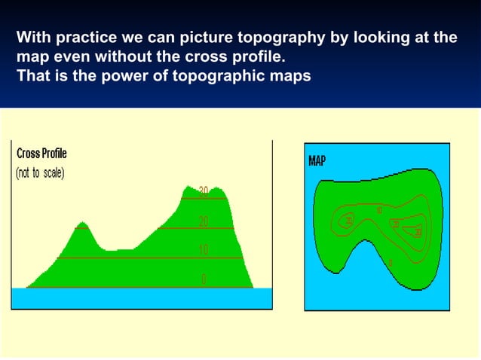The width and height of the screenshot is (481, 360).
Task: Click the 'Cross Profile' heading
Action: click(41, 154)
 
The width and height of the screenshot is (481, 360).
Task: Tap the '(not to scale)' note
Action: click(41, 173)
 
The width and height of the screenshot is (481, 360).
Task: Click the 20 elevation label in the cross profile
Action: click(204, 221)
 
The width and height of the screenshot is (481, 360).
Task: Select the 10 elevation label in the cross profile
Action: click(204, 250)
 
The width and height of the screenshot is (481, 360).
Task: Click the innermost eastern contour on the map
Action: click(417, 230)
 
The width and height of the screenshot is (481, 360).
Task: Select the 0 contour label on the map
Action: click(391, 263)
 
